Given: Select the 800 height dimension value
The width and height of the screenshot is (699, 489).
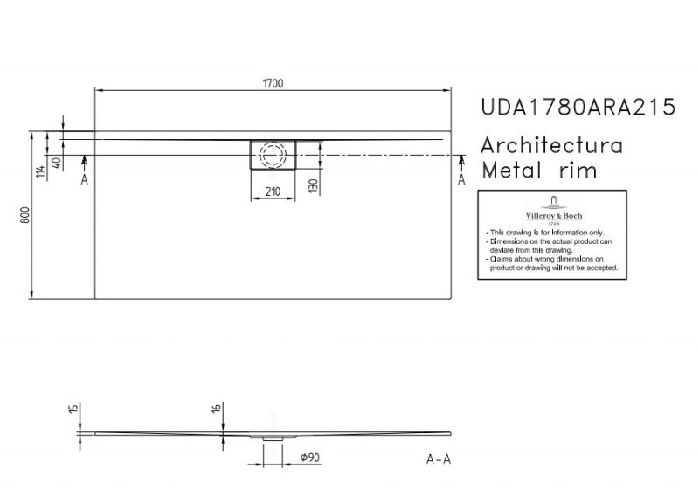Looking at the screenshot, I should tap(27, 215).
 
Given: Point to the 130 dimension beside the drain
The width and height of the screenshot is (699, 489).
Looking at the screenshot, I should tap(312, 185).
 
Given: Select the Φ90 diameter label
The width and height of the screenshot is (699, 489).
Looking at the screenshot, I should tap(308, 458).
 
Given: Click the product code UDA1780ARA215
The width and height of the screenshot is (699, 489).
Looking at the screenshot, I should tap(578, 108).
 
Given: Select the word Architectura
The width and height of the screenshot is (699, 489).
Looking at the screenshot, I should tap(552, 145).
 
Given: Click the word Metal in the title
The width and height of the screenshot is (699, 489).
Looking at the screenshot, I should tap(515, 170).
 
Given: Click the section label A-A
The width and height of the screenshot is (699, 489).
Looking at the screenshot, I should tap(439, 459).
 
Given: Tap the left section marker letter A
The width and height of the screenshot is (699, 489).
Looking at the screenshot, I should tap(84, 179).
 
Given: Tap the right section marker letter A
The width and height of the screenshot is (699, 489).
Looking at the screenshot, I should tap(461, 179).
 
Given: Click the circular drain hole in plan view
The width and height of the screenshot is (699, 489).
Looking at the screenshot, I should tap(273, 155).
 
